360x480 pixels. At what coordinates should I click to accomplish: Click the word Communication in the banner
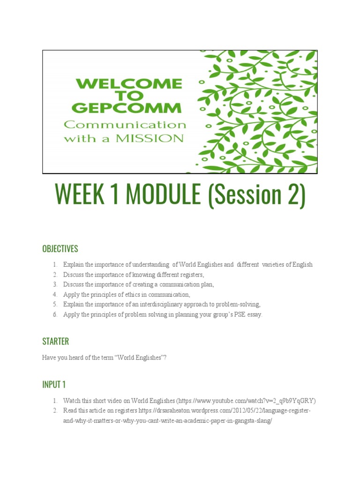pos(125,125)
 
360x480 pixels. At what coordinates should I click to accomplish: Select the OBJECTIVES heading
pos(60,249)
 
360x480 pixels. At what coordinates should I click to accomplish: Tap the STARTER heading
pos(55,341)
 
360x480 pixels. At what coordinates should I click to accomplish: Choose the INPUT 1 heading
pos(54,384)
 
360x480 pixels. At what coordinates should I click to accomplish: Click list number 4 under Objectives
pos(54,294)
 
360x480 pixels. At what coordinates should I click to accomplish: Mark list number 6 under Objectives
pos(54,315)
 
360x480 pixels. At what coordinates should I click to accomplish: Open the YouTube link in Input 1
pos(247,401)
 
